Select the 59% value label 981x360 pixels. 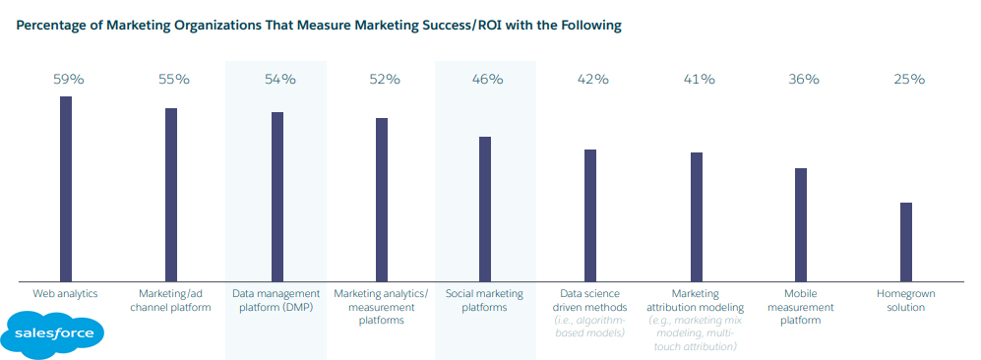(68, 79)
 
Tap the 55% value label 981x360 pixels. (172, 79)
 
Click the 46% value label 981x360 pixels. (486, 79)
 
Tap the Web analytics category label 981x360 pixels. (66, 293)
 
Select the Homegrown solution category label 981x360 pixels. (906, 300)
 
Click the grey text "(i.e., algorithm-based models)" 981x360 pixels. (590, 328)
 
